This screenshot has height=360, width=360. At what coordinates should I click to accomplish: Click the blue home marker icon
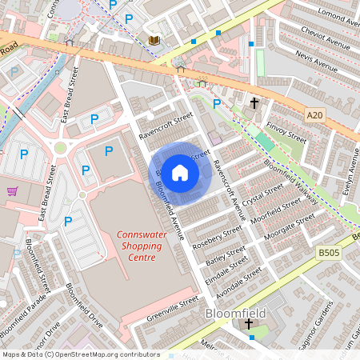click(180, 173)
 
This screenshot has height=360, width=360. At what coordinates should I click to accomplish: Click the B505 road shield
click(329, 252)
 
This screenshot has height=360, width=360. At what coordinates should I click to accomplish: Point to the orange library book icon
click(154, 39)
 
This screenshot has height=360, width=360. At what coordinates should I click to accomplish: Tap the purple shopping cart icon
click(12, 191)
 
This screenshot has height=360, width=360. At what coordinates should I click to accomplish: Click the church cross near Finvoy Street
click(254, 103)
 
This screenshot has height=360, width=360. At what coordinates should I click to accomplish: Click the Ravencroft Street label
click(166, 126)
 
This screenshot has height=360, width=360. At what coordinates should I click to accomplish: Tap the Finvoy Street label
click(286, 130)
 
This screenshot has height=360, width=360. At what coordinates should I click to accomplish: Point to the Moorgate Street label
click(293, 227)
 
